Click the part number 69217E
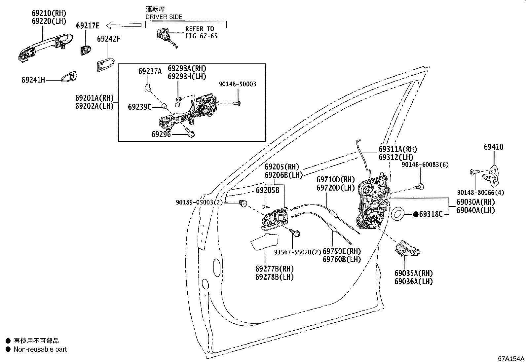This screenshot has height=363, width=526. (x=88, y=25)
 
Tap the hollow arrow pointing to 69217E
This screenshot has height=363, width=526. (x=124, y=25)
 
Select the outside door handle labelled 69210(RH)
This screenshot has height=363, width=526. (x=45, y=48)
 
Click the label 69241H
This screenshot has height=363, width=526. (x=33, y=80)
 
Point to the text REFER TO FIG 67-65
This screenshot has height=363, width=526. (x=201, y=32)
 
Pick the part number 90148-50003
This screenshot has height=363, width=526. (x=237, y=84)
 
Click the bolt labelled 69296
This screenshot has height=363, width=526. (x=190, y=132)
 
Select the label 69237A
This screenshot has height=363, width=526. (x=150, y=71)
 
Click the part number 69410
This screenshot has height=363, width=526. (x=493, y=147)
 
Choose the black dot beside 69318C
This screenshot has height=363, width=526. (x=416, y=214)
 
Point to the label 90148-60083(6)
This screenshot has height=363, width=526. (x=425, y=164)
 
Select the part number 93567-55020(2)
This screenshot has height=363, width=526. (x=297, y=252)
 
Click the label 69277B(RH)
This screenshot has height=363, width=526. (x=275, y=269)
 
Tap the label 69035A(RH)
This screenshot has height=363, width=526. (x=414, y=273)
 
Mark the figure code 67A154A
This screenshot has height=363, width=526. (x=511, y=359)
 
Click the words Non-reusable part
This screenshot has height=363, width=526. (x=40, y=349)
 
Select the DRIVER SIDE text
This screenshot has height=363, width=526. (x=164, y=17)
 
